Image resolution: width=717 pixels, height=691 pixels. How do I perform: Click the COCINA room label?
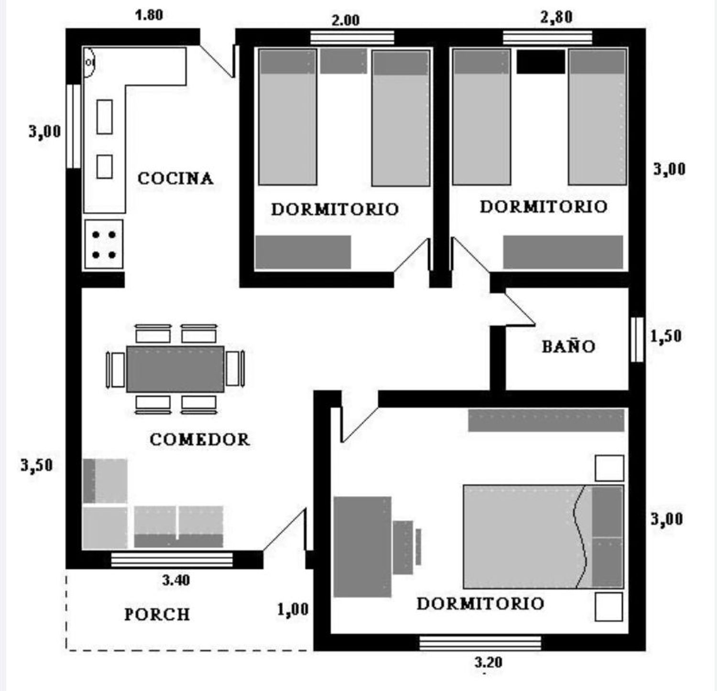click(x=175, y=178)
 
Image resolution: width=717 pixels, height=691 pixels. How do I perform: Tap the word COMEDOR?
click(x=199, y=439)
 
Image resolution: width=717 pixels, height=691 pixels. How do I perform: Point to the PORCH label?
click(x=157, y=614)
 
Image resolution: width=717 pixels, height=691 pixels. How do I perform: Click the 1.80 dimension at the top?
click(x=149, y=15)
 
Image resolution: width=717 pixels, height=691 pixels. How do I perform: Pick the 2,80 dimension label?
click(x=556, y=17)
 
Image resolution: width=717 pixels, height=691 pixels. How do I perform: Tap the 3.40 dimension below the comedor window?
click(x=176, y=580)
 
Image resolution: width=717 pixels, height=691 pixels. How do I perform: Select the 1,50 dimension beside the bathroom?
click(x=665, y=336)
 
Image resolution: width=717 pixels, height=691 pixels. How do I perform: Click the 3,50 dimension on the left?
click(x=36, y=465)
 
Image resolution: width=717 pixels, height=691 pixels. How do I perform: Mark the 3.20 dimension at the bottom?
click(x=488, y=662)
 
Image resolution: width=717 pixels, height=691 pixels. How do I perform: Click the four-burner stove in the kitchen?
click(x=104, y=244)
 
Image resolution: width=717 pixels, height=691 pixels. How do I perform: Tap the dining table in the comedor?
click(x=175, y=369)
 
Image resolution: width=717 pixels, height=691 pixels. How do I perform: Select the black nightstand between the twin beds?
click(x=541, y=62)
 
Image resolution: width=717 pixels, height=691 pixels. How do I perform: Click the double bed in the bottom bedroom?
click(x=543, y=537)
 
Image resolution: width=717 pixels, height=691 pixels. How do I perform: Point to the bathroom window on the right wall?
click(x=637, y=340)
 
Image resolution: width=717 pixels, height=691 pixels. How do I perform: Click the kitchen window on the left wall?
click(x=74, y=126)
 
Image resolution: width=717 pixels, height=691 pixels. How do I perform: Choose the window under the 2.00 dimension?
click(x=352, y=37)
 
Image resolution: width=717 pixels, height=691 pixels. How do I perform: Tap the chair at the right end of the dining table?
click(x=235, y=368)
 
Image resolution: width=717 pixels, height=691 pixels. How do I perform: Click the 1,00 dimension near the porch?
click(x=293, y=610)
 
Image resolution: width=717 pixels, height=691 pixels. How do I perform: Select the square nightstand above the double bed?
click(x=609, y=468)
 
